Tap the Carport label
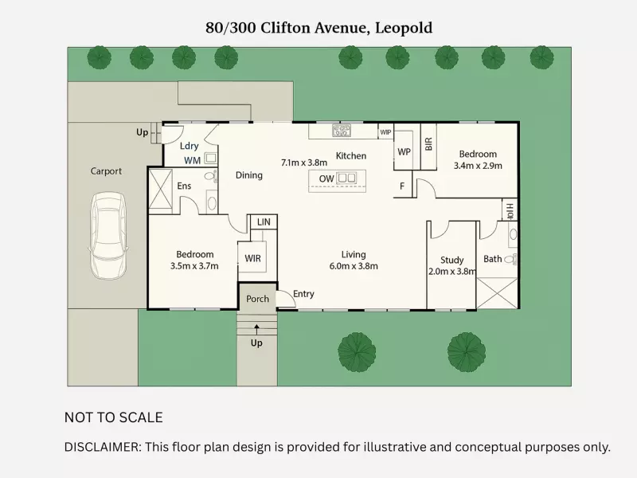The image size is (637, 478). click(106, 171)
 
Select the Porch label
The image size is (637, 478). click(257, 299)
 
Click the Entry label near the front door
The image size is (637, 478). click(303, 294)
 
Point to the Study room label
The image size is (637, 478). click(451, 260)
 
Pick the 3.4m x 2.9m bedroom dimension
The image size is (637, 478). click(478, 166)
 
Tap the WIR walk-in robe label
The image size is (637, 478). click(252, 259)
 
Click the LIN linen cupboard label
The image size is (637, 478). click(262, 222)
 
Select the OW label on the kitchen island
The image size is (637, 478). click(326, 178)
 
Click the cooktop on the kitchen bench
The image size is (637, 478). click(342, 131)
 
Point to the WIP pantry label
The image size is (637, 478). click(385, 132)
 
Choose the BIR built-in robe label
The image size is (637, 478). click(428, 143)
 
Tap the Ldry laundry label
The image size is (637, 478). click(189, 146)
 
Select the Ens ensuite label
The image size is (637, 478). click(184, 186)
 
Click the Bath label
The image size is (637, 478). click(493, 259)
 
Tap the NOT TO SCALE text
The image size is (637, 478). click(113, 417)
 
